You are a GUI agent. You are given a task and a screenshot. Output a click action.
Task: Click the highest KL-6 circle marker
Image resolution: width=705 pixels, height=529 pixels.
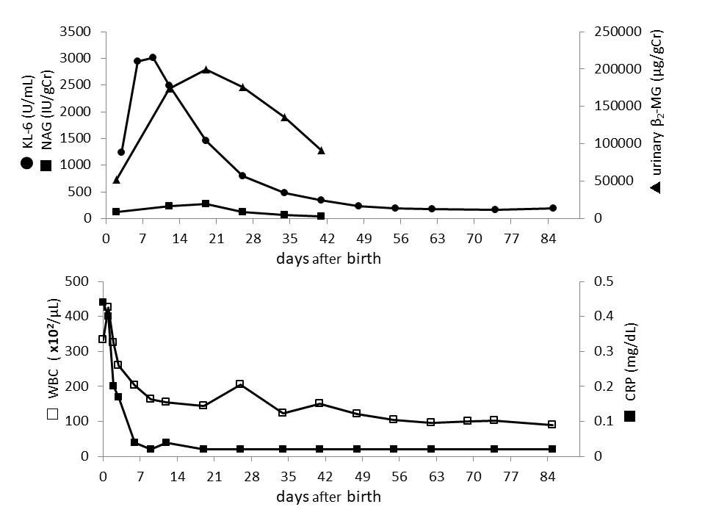click(153, 57)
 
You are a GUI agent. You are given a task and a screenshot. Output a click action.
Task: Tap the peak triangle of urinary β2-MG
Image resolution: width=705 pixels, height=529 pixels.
click(206, 70)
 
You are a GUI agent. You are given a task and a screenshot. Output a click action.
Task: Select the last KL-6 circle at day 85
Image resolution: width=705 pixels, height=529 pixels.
click(553, 208)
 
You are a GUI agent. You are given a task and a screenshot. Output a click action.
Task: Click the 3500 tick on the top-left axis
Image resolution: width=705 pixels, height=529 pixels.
click(76, 32)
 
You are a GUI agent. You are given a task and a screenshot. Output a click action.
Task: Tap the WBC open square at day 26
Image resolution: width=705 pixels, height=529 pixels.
click(240, 384)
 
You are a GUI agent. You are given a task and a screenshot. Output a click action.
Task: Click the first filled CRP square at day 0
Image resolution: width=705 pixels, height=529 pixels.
click(103, 302)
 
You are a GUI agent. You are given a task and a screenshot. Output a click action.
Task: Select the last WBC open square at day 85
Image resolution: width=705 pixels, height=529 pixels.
click(552, 425)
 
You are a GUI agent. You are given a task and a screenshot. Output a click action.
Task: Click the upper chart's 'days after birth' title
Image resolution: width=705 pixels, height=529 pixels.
click(328, 259)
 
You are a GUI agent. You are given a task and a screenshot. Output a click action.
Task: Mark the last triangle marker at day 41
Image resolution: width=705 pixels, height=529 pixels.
click(321, 151)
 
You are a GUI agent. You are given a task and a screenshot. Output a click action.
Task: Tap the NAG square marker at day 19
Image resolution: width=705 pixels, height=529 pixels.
click(206, 204)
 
